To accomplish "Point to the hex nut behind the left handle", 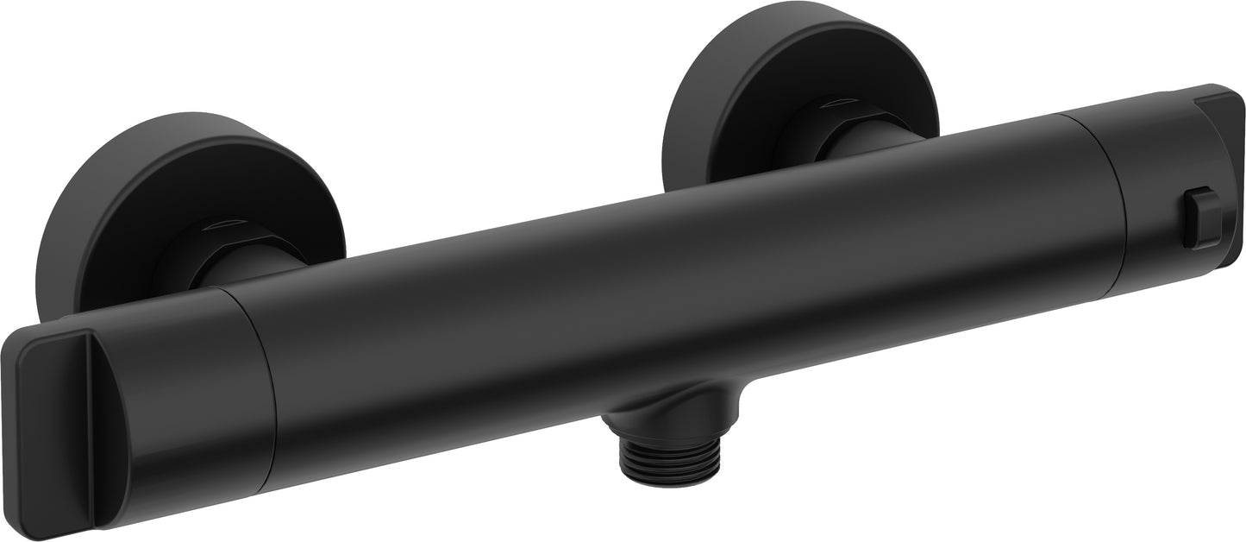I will [x=190, y=250].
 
